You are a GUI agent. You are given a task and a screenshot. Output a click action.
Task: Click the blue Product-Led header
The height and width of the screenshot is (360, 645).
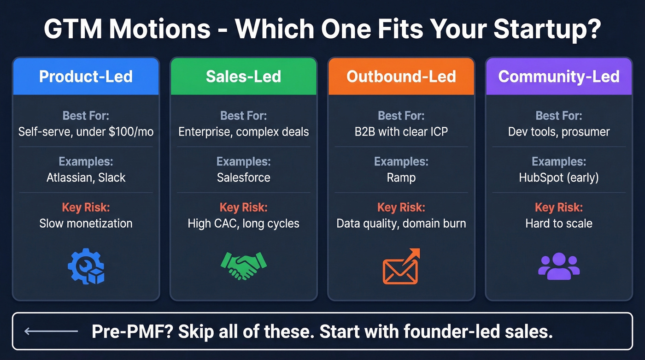click(x=86, y=76)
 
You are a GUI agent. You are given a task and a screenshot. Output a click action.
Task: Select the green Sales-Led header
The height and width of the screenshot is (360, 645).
click(x=243, y=76)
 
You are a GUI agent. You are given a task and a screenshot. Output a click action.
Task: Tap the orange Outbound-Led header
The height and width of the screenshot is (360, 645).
click(x=401, y=76)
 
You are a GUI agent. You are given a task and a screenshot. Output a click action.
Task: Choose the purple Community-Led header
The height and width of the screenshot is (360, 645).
click(x=559, y=76)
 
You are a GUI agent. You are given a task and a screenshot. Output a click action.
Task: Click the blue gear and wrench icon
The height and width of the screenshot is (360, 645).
click(x=86, y=266)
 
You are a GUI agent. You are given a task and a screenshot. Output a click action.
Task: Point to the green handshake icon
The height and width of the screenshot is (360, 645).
click(x=243, y=266)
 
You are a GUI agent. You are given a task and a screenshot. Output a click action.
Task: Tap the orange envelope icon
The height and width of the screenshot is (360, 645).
click(x=401, y=267)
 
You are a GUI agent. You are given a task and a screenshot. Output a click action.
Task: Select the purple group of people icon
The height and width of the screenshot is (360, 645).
click(x=559, y=266)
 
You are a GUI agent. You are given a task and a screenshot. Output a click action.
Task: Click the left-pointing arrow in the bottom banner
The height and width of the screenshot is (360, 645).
click(x=51, y=331)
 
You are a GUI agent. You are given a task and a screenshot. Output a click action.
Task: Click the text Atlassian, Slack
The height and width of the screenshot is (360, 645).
click(x=86, y=177)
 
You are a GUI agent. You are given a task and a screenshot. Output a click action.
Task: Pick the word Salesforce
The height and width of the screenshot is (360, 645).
click(x=243, y=177)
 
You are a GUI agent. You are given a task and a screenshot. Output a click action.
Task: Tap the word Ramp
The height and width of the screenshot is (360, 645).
click(x=401, y=177)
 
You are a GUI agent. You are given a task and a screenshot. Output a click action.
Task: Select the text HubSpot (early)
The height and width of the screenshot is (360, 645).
click(x=559, y=177)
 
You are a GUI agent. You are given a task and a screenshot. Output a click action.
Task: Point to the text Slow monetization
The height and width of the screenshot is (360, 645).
click(x=86, y=224)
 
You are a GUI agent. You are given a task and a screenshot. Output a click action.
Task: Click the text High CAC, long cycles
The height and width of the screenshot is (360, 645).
click(x=243, y=224)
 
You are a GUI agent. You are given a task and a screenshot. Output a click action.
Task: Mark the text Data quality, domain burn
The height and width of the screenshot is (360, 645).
click(x=401, y=224)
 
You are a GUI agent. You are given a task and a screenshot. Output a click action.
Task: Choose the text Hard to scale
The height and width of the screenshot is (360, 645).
click(x=559, y=224)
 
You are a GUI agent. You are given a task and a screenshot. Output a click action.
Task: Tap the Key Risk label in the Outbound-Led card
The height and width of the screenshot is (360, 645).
click(x=401, y=207)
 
